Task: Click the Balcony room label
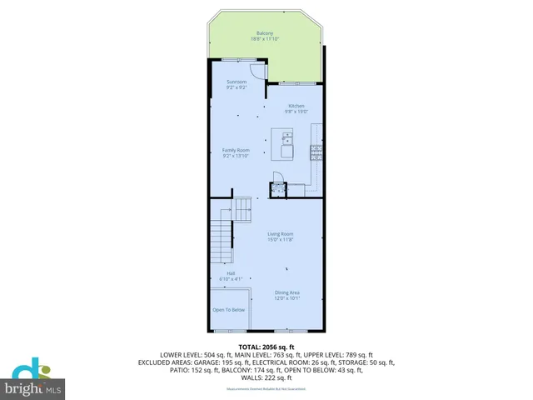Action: (x=265, y=33)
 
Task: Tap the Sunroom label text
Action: (x=237, y=82)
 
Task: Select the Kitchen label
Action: (x=297, y=106)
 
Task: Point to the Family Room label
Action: (x=236, y=150)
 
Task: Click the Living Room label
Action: (x=280, y=234)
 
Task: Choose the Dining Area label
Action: (x=286, y=292)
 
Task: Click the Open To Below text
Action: (x=229, y=309)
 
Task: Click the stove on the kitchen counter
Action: (x=316, y=151)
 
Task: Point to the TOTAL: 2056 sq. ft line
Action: (x=266, y=346)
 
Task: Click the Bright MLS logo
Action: (x=33, y=379)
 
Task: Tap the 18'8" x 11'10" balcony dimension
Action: (x=265, y=39)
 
